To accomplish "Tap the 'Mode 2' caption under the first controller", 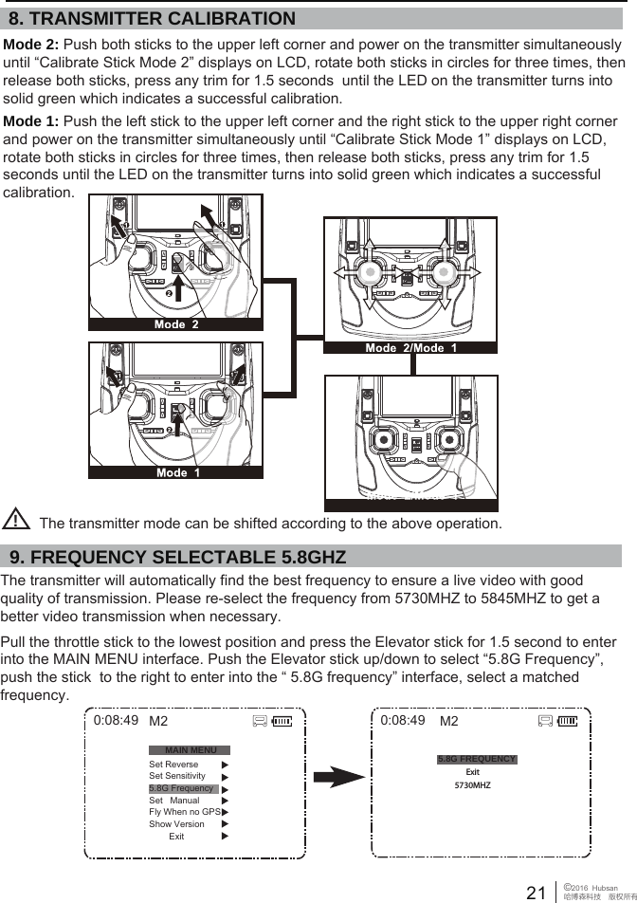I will point(176,324).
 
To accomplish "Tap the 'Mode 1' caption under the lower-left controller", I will point(177,471).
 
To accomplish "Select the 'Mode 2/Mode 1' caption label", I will point(411,348).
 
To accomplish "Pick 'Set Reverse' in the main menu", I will point(173,764).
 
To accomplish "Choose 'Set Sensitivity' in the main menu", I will point(177,776).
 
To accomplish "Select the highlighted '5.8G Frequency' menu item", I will point(181,788).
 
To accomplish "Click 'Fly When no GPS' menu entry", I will point(185,812).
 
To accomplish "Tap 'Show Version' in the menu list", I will point(176,824).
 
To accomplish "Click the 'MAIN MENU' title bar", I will point(191,750).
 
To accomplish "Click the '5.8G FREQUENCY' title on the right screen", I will point(477,759).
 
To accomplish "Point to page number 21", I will point(536,892).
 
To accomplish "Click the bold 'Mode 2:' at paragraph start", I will point(31,46).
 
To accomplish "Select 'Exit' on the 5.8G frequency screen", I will point(472,772).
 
